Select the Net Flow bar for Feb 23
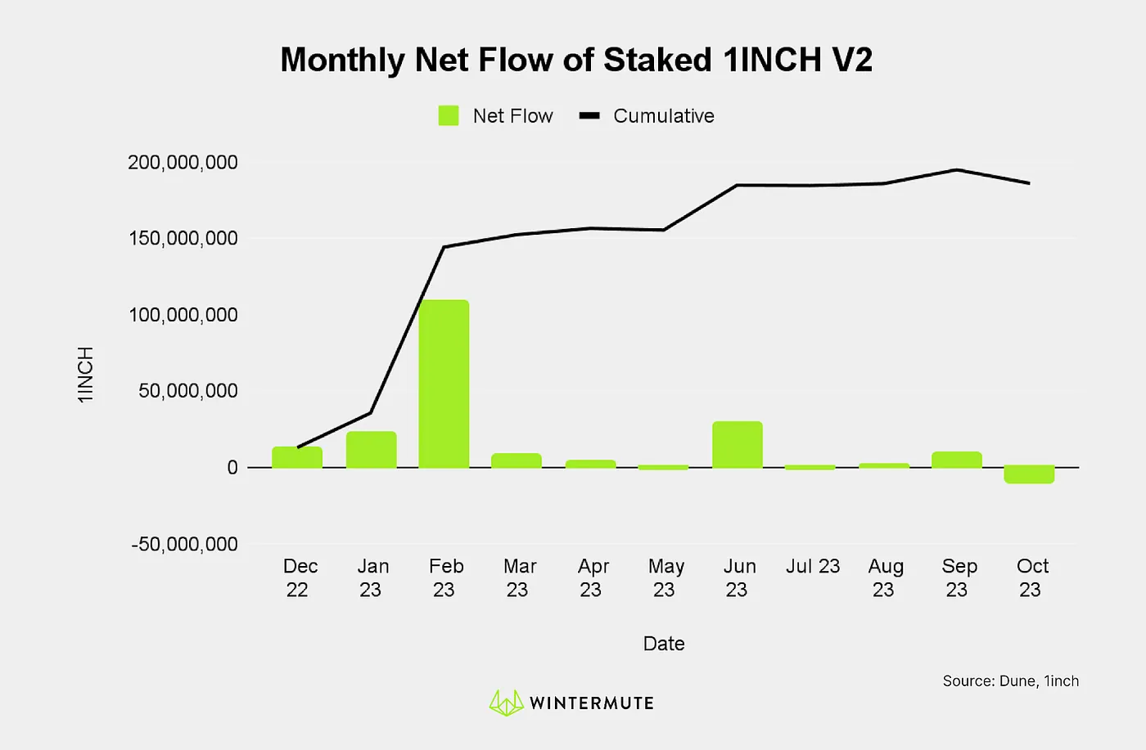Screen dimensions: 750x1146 tap(444, 384)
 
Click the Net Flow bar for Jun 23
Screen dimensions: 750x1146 tap(737, 444)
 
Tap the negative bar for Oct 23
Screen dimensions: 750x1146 tap(1029, 474)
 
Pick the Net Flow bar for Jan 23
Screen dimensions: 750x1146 tap(371, 449)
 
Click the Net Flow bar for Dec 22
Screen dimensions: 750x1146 tap(297, 457)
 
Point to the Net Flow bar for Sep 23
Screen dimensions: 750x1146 tap(956, 460)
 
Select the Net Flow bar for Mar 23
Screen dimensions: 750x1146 tap(517, 460)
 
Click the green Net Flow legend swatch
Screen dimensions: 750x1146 tap(449, 116)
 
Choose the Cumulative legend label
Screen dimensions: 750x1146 tap(663, 116)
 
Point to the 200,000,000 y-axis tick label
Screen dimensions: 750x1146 tap(183, 162)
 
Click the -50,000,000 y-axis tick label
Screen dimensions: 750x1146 tap(184, 544)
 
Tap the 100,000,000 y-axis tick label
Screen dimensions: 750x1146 tap(183, 315)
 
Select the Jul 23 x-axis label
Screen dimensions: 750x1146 tap(813, 566)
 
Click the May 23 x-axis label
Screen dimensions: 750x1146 tap(665, 577)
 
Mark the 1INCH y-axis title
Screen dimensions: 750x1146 tap(86, 374)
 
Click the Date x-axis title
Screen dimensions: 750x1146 tap(664, 644)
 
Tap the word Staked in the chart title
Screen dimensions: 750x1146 tap(657, 60)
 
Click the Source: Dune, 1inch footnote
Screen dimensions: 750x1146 tap(1010, 680)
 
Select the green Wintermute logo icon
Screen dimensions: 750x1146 tap(506, 703)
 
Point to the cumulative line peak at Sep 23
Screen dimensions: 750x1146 tap(957, 170)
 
